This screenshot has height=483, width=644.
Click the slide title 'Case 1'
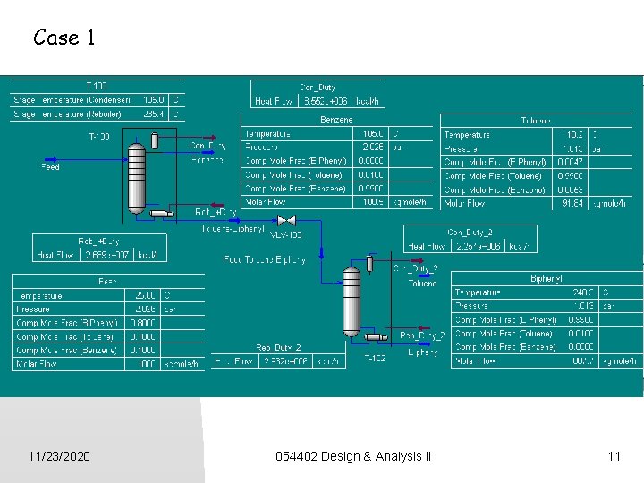[64, 38]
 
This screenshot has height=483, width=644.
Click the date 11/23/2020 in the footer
[59, 457]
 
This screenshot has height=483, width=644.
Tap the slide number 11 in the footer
[614, 457]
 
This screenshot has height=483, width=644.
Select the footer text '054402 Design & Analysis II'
[353, 457]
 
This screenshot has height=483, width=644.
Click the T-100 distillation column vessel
[135, 177]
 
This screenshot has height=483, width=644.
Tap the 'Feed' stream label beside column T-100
[51, 166]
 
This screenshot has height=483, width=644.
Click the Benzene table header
[335, 120]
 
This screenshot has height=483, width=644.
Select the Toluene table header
[536, 121]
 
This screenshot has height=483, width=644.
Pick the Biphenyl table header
[546, 279]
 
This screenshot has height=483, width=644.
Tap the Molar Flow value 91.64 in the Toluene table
[570, 204]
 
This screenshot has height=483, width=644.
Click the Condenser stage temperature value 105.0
[154, 100]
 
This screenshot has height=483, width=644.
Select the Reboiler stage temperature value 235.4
[154, 114]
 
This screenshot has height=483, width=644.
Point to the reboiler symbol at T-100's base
[162, 213]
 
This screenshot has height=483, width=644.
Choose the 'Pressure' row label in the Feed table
[33, 309]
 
